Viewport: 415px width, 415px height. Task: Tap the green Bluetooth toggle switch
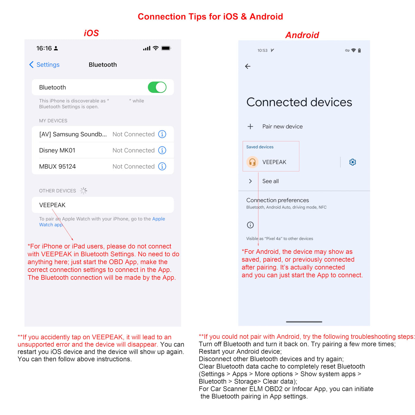click(x=157, y=87)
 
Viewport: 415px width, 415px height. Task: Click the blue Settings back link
click(x=44, y=64)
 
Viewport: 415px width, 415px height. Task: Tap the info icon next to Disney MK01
click(x=162, y=150)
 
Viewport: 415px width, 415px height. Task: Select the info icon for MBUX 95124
click(x=162, y=166)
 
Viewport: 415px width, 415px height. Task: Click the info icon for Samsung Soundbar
click(x=162, y=134)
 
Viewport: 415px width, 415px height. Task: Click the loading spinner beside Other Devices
click(x=83, y=190)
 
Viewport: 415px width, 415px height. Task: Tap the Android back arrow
click(x=248, y=66)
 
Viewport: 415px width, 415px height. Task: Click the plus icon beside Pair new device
click(x=250, y=126)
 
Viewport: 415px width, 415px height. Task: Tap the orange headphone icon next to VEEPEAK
click(x=252, y=162)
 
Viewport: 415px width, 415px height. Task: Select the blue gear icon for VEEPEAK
click(x=352, y=162)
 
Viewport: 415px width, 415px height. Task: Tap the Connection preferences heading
click(x=277, y=200)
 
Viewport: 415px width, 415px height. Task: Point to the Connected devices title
click(x=299, y=102)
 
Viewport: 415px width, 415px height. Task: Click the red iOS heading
click(x=91, y=33)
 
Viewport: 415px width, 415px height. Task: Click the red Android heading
click(x=302, y=35)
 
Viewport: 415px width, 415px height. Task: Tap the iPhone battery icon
click(x=166, y=48)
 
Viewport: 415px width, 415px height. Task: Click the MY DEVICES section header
click(x=53, y=120)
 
